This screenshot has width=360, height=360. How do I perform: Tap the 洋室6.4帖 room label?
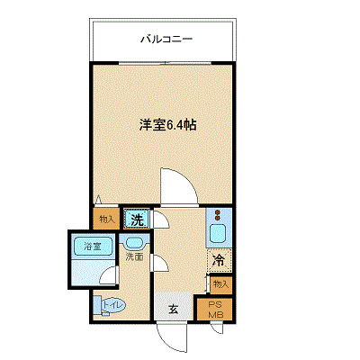click(167, 126)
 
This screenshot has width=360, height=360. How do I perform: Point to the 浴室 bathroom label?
click(93, 247)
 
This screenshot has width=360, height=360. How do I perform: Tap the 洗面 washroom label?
click(134, 256)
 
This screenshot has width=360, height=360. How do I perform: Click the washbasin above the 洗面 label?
click(134, 242)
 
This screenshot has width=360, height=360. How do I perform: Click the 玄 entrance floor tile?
click(172, 309)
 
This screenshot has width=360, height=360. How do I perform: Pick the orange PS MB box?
click(215, 309)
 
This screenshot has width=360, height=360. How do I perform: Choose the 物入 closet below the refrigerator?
click(220, 283)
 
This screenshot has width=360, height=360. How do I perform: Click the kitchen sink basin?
click(218, 236)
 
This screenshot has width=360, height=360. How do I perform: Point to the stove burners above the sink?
click(219, 215)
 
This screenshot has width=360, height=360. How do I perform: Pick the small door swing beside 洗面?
click(157, 263)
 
